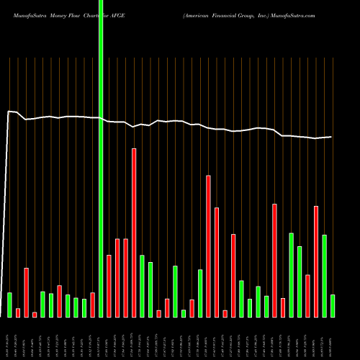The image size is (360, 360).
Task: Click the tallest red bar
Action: tap(134, 233)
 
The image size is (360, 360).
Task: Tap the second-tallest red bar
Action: tap(209, 246)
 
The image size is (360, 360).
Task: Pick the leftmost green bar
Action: tap(9, 305)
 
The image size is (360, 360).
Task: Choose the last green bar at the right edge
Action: tap(333, 306)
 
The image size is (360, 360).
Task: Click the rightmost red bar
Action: tap(316, 261)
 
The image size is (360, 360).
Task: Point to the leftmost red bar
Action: tap(18, 312)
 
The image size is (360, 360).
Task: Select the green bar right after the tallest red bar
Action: tap(143, 286)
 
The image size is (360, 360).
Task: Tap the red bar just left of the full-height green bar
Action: tap(93, 305)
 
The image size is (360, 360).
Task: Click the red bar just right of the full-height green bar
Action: tap(109, 286)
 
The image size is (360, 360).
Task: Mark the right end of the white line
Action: tap(331, 137)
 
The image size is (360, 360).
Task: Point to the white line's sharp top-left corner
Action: tap(9, 112)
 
